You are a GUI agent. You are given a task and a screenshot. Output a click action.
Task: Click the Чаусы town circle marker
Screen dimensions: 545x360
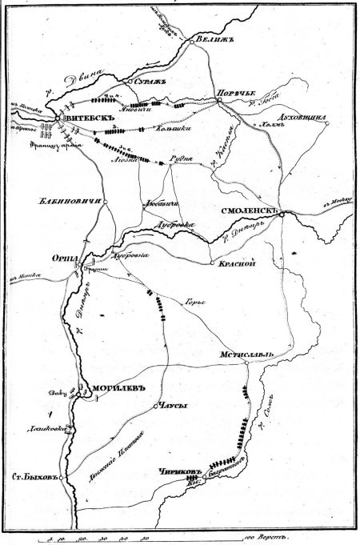click(155, 407)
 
